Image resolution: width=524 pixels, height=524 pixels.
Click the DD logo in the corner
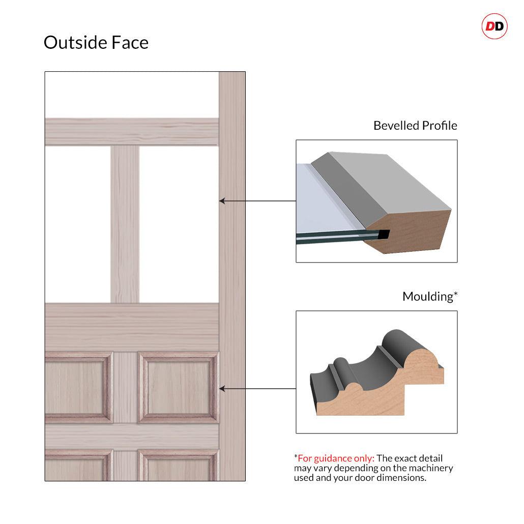coord(494,26)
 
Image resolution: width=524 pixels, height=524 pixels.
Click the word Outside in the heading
coord(75,42)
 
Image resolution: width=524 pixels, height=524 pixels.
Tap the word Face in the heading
coord(130,42)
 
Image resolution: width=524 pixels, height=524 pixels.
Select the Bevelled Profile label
coord(415,125)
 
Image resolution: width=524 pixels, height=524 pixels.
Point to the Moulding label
coord(430,296)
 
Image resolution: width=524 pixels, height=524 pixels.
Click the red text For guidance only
coord(336,458)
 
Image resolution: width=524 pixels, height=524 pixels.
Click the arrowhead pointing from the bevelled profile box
coord(222,201)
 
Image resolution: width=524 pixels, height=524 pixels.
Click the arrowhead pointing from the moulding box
coord(222,389)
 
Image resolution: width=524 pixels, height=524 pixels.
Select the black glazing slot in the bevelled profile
coord(384,234)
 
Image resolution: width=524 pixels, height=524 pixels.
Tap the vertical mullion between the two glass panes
coord(125,224)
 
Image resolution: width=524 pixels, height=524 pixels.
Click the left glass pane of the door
coord(78,224)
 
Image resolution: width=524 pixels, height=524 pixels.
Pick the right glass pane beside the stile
coord(179,224)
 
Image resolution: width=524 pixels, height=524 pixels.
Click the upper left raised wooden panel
coord(78,387)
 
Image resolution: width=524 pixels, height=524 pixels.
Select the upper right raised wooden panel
coord(178,387)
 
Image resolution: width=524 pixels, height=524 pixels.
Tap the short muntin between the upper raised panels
coord(125,387)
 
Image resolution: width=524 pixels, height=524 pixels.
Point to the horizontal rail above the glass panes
coord(132,132)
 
